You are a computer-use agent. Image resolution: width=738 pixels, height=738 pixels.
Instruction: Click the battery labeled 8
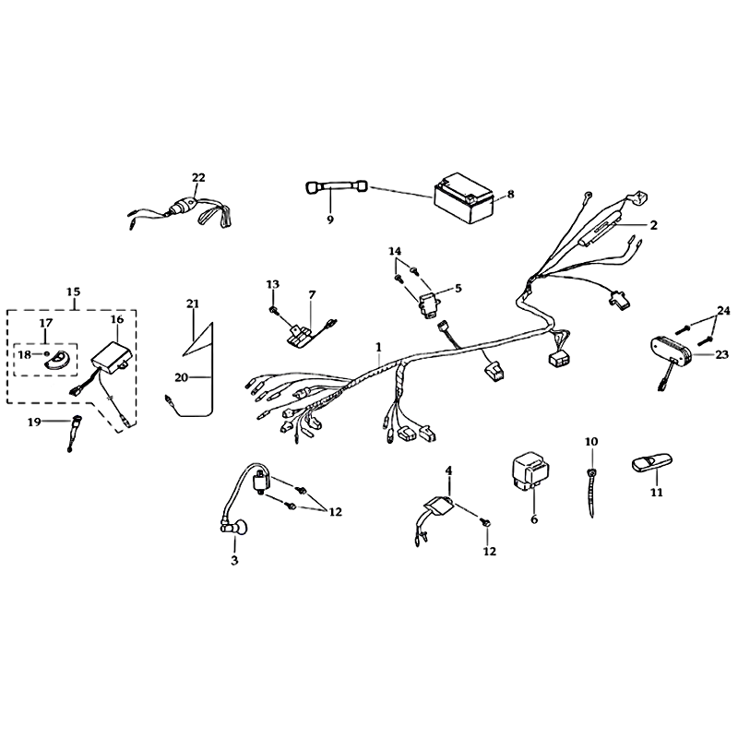pyautogui.click(x=464, y=198)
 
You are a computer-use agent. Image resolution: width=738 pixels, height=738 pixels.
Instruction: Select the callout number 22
pyautogui.click(x=198, y=177)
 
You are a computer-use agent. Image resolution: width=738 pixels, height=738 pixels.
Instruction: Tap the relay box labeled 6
pyautogui.click(x=530, y=470)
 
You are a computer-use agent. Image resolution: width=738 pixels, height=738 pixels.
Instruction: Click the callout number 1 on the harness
pyautogui.click(x=378, y=348)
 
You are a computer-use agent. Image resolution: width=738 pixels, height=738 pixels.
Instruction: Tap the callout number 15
pyautogui.click(x=73, y=292)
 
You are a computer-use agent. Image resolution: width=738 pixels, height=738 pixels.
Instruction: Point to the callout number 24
pyautogui.click(x=723, y=311)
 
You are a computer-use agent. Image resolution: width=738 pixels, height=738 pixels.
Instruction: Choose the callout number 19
pyautogui.click(x=34, y=423)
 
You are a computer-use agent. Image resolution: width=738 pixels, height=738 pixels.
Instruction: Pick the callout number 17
pyautogui.click(x=45, y=323)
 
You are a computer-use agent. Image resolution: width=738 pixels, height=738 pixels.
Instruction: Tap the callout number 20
pyautogui.click(x=182, y=377)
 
